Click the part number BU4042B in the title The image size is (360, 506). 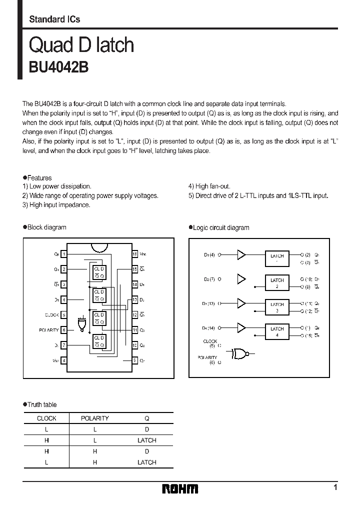(58, 67)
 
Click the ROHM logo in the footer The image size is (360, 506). (180, 488)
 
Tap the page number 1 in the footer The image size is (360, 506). (335, 487)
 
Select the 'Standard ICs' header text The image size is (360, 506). (54, 19)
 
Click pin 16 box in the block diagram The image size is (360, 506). (134, 254)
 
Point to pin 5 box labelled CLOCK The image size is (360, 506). (63, 315)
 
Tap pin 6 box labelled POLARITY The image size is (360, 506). (63, 330)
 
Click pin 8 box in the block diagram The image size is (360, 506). (63, 360)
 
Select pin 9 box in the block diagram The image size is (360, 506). (134, 360)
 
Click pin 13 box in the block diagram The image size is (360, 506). (134, 299)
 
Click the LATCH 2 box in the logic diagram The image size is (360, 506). (277, 283)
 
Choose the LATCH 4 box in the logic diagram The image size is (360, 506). (277, 331)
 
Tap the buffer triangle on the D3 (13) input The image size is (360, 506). (241, 303)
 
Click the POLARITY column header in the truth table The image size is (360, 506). (94, 418)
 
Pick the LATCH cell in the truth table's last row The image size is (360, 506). (147, 462)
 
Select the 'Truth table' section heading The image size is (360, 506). (40, 404)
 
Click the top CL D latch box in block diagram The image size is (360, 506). (98, 272)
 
